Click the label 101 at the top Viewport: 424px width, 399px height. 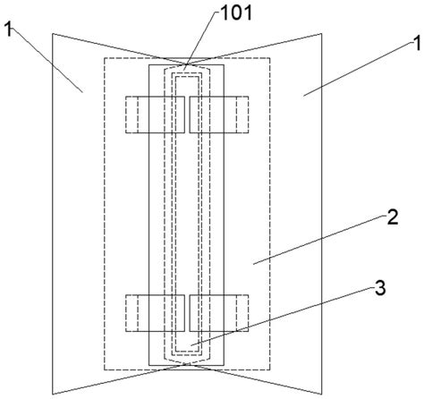click(236, 13)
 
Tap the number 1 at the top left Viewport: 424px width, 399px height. click(9, 30)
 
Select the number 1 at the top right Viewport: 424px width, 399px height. click(416, 44)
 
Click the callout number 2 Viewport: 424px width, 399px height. click(393, 216)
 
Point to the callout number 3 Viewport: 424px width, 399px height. click(380, 288)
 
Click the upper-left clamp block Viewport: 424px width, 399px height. click(155, 115)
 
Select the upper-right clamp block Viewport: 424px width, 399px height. click(219, 115)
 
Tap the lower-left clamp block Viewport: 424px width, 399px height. click(155, 313)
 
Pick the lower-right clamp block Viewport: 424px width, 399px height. click(219, 313)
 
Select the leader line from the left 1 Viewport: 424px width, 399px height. click(46, 59)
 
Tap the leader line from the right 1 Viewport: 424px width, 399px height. click(358, 69)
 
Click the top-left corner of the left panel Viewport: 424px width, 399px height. click(53, 33)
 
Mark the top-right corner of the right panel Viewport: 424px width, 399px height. click(321, 33)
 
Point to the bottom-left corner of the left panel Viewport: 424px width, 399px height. click(53, 395)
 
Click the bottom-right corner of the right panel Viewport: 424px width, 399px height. click(321, 395)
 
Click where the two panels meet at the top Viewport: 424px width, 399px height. click(187, 64)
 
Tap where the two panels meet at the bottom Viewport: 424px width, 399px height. click(187, 364)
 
